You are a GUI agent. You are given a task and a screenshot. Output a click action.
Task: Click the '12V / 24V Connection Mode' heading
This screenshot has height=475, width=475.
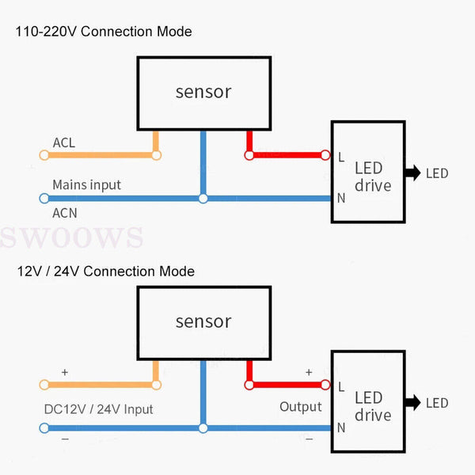coord(106,272)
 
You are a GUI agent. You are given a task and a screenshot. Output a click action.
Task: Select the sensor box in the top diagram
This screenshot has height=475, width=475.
coord(203,92)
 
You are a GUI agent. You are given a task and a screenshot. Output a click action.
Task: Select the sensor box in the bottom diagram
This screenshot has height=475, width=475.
coord(203,322)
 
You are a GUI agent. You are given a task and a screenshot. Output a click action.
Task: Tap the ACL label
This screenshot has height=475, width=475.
coord(64,142)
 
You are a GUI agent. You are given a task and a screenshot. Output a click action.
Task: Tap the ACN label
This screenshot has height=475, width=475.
coord(65,212)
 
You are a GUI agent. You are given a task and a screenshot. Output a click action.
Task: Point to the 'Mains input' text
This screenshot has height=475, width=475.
coord(86,184)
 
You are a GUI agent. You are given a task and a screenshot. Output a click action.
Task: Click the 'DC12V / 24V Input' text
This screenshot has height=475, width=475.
coord(98,409)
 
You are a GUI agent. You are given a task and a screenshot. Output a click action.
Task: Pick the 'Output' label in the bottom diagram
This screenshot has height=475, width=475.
coord(300,407)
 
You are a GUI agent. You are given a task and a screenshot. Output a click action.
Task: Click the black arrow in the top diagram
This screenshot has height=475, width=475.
coord(412,173)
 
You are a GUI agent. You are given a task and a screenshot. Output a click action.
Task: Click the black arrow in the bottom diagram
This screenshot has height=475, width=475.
coord(412,403)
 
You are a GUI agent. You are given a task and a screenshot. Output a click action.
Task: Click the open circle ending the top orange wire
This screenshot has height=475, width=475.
coord(156,155)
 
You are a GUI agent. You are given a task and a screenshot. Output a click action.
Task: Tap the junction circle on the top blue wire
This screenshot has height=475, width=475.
coord(203,199)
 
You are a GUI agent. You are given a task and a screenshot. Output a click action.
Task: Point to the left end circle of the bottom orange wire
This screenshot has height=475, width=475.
coord(44,385)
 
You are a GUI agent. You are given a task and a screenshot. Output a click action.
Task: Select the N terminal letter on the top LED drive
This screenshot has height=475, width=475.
coord(341,198)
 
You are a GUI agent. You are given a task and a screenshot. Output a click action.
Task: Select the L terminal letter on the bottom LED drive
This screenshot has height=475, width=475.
coord(341,386)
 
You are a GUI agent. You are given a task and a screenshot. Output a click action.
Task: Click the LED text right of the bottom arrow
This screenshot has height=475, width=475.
coord(437,404)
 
